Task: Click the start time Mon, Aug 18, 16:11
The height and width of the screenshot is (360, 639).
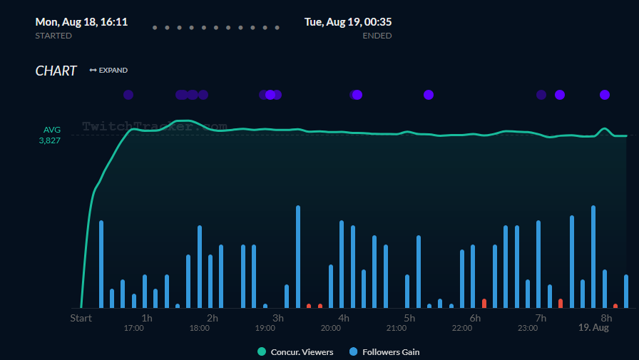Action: click(x=81, y=22)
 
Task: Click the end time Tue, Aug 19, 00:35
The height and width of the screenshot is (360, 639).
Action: click(x=348, y=22)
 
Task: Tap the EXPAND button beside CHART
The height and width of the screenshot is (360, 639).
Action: click(x=108, y=70)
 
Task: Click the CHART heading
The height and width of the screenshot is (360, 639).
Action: click(x=56, y=71)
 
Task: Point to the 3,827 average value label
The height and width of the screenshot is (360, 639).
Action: click(x=49, y=140)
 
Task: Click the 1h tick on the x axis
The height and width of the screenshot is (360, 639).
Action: click(x=147, y=318)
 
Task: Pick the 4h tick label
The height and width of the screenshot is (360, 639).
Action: click(x=344, y=318)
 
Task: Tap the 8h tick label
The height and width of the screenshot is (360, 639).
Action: click(x=606, y=318)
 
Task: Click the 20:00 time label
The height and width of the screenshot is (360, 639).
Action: click(x=330, y=328)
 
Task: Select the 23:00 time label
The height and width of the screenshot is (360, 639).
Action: click(x=528, y=328)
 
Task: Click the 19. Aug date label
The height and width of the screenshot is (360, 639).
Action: click(x=593, y=328)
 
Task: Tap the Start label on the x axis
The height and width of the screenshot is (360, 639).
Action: click(x=81, y=318)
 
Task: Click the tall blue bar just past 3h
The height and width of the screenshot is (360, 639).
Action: click(x=298, y=257)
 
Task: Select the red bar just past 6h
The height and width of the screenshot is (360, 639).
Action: click(x=484, y=303)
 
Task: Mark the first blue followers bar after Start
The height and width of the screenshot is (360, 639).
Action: click(x=101, y=264)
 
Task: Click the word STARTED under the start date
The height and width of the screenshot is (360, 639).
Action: click(x=53, y=36)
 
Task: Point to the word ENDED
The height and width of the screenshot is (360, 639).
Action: click(x=377, y=36)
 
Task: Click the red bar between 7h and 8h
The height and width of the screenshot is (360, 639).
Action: click(x=561, y=303)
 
